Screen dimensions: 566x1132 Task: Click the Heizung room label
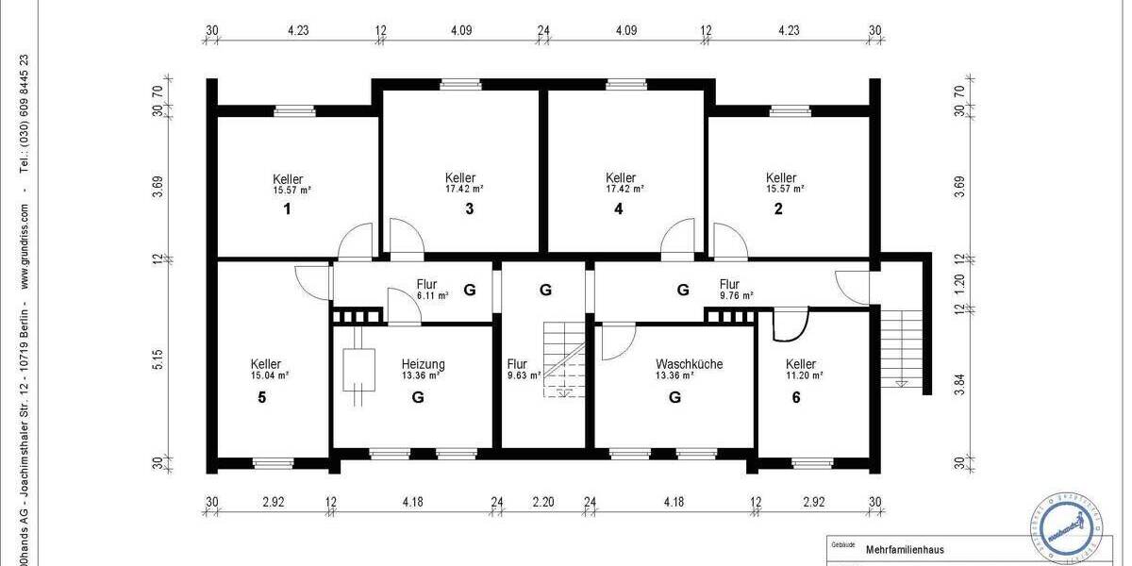click(x=423, y=364)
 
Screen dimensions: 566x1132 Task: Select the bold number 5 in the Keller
click(x=262, y=397)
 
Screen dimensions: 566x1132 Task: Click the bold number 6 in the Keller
click(x=796, y=397)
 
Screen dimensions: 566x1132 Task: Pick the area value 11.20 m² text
click(x=805, y=375)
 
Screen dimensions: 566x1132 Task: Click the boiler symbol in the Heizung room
click(x=358, y=370)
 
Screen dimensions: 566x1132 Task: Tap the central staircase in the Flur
click(x=563, y=359)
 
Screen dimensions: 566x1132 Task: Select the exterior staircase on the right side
click(x=901, y=345)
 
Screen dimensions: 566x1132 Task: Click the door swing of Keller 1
click(x=357, y=242)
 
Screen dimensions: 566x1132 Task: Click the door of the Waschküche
click(x=616, y=341)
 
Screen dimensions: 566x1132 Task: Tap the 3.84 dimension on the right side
click(x=959, y=386)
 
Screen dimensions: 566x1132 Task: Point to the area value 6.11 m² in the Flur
click(x=432, y=295)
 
